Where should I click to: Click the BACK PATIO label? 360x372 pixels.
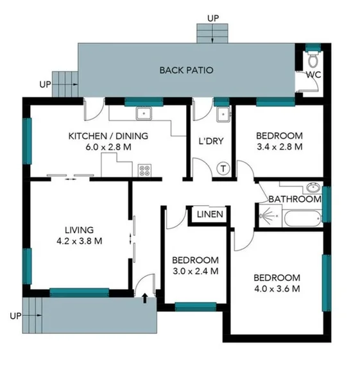coord(186,70)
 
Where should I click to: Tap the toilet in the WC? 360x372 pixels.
coord(313,61)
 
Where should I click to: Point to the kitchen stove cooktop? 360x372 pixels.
coord(144,171)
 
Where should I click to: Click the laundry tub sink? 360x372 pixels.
coord(222,115)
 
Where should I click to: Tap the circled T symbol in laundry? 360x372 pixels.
coord(223,169)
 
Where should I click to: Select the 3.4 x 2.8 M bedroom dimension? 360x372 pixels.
coord(279,147)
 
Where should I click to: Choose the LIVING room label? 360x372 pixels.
coord(79,230)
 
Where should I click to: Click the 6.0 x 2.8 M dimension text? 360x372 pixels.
coord(108,147)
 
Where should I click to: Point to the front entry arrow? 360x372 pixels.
coord(145,298)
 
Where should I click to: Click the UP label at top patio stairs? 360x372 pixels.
coord(213,17)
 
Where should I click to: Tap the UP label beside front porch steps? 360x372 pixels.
coord(17,316)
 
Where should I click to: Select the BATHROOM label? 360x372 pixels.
coord(295,199)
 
